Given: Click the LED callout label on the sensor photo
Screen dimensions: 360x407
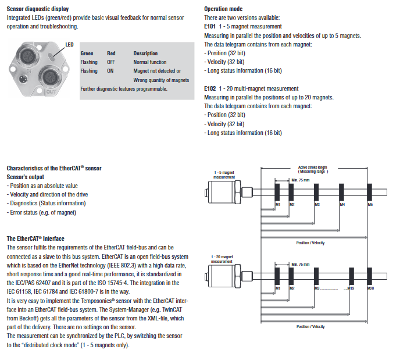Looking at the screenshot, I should (x=69, y=44).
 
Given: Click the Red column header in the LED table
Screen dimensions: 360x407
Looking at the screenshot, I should (x=111, y=53).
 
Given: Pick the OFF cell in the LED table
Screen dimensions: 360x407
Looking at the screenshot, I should (x=111, y=62).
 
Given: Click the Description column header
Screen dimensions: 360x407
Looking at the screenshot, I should (x=145, y=53).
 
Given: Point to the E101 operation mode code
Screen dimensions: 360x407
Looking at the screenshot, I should (x=210, y=27).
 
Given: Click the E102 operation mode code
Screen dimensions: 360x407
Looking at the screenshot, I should (x=210, y=89).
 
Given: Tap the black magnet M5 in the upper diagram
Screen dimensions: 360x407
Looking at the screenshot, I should (x=370, y=191).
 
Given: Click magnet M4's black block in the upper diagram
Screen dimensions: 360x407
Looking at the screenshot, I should (x=342, y=191).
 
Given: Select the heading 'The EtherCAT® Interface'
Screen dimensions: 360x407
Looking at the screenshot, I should (x=35, y=239).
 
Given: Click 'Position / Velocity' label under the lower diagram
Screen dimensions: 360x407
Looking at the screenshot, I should (x=310, y=327).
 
